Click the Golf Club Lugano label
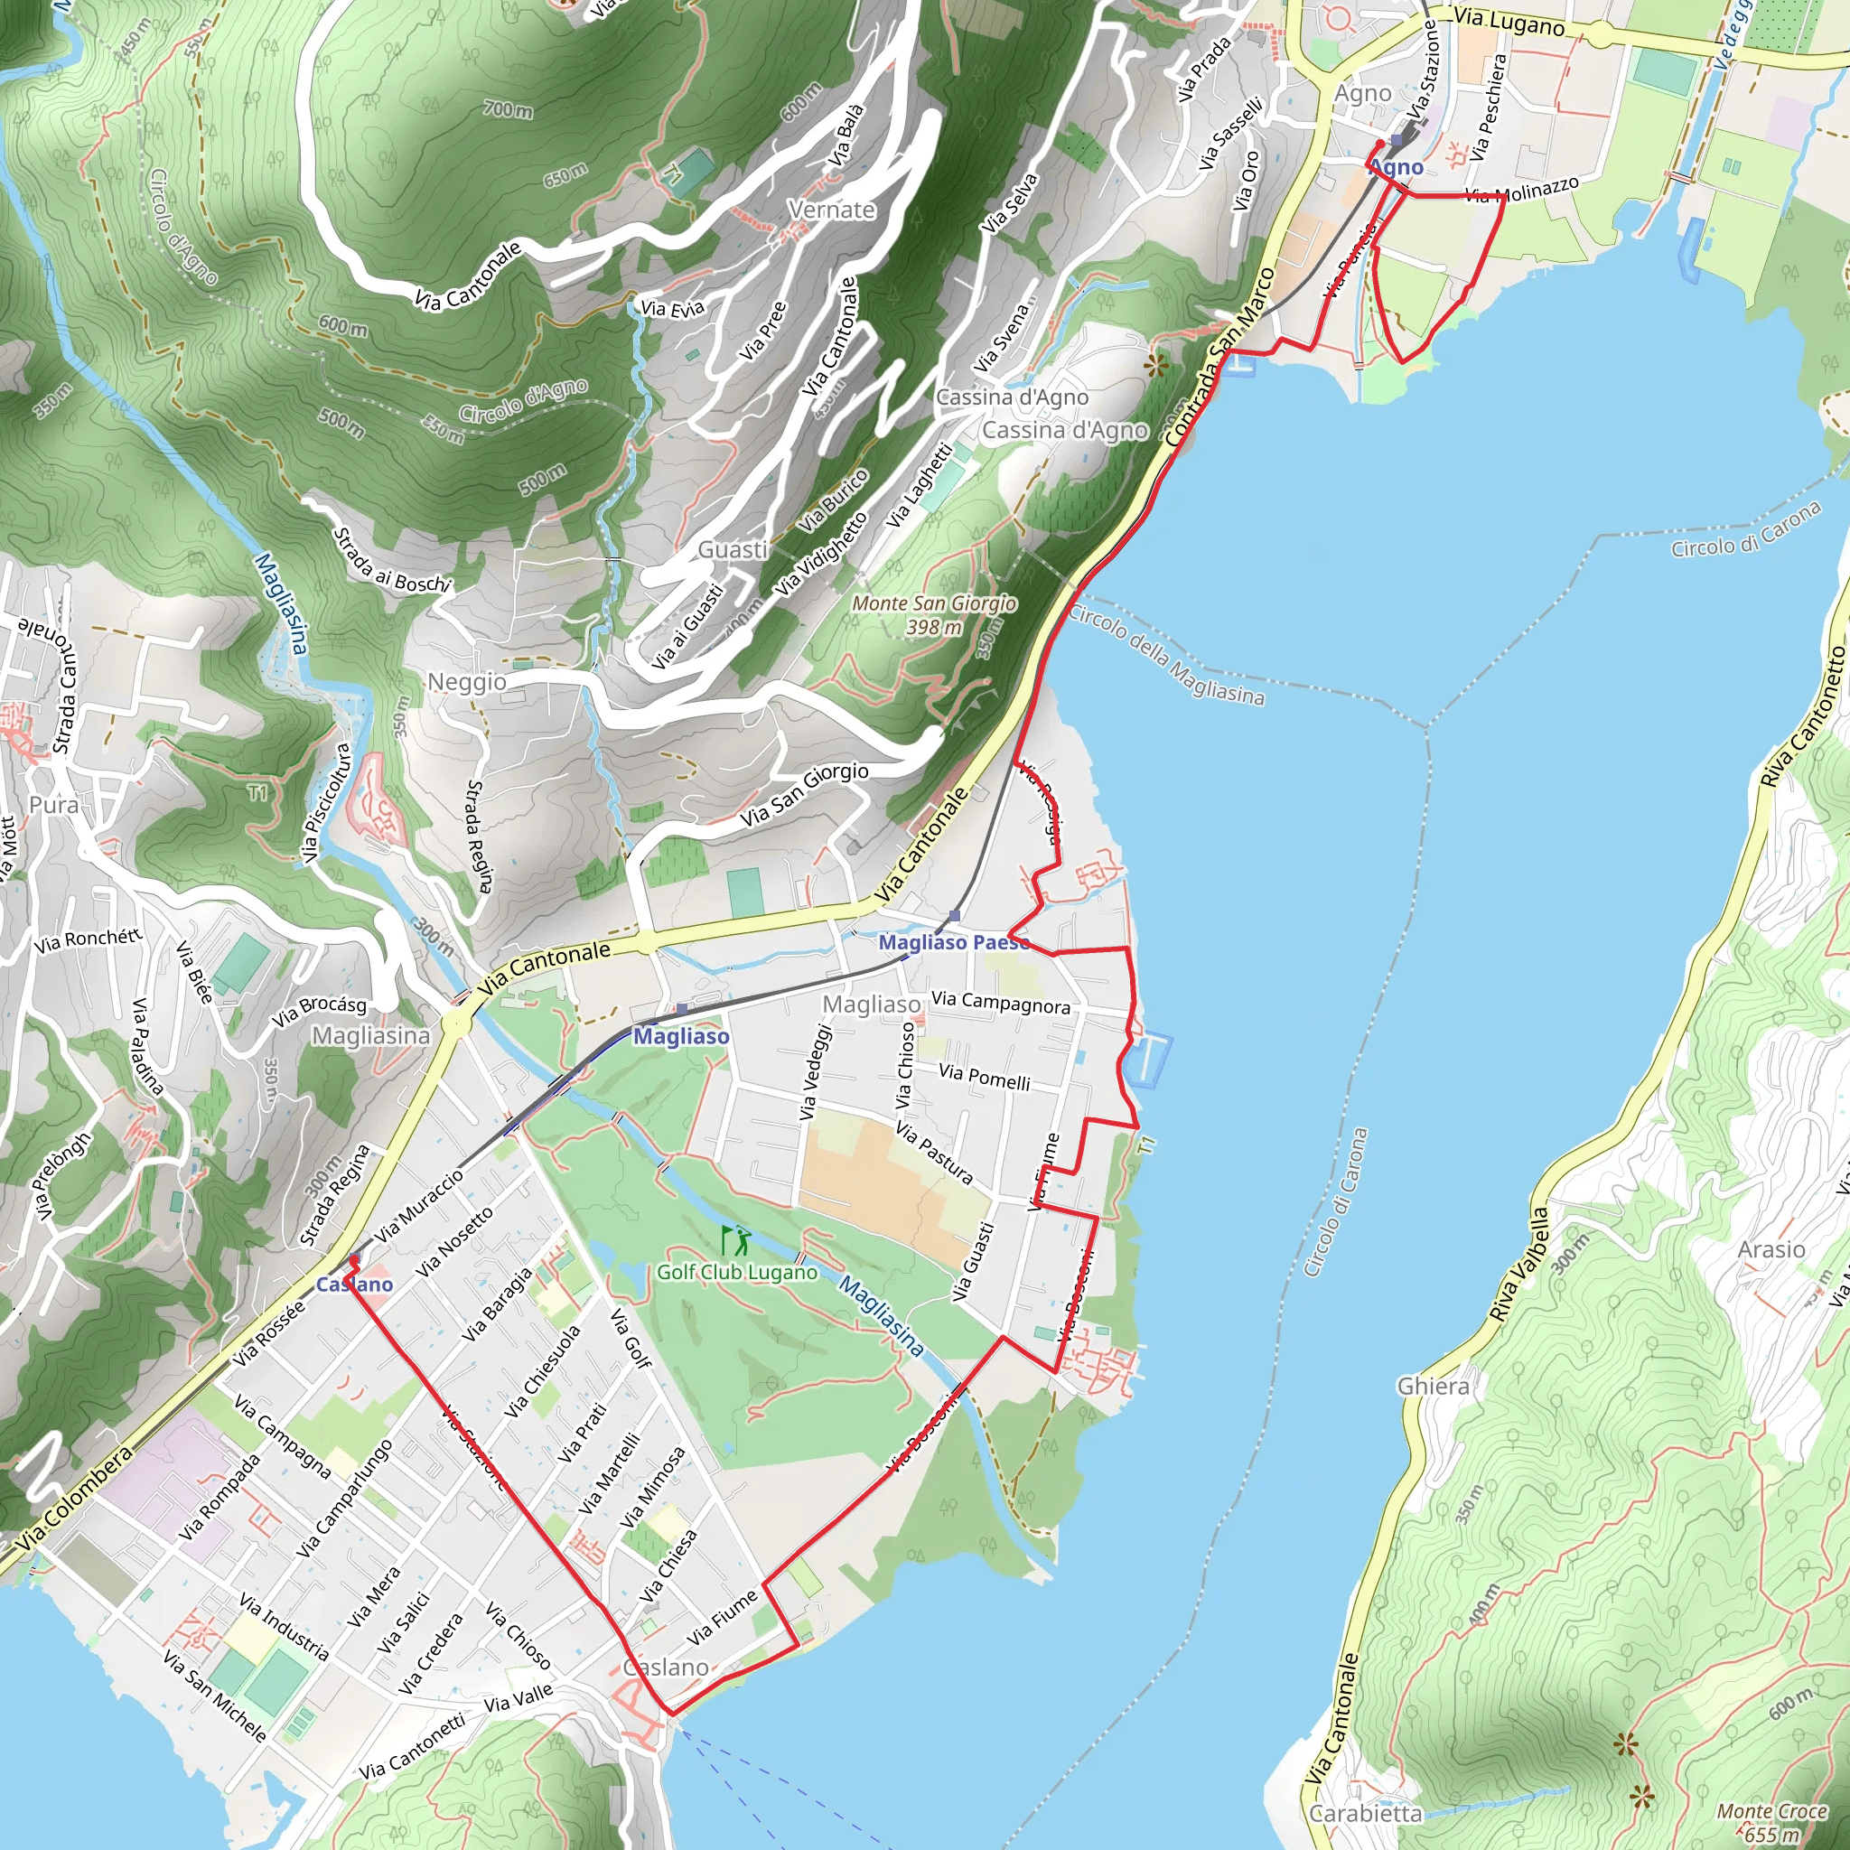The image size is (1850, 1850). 736,1272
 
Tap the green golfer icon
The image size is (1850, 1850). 735,1241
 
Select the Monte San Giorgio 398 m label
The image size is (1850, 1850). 934,615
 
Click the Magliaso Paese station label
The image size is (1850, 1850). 953,942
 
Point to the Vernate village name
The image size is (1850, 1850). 831,210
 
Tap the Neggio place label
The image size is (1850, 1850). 466,682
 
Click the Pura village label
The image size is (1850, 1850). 53,804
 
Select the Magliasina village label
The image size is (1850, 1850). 370,1036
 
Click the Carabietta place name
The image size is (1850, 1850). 1366,1814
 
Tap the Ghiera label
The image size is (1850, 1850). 1433,1386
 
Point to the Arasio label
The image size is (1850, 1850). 1771,1249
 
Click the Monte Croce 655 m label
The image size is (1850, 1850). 1771,1821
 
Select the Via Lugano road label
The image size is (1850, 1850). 1509,22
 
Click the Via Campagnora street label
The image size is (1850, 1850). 1001,1003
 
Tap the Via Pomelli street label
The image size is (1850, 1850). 985,1078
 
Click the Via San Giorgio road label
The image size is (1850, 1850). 804,795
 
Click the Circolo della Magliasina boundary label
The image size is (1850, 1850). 1166,656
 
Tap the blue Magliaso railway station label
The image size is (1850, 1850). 681,1036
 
